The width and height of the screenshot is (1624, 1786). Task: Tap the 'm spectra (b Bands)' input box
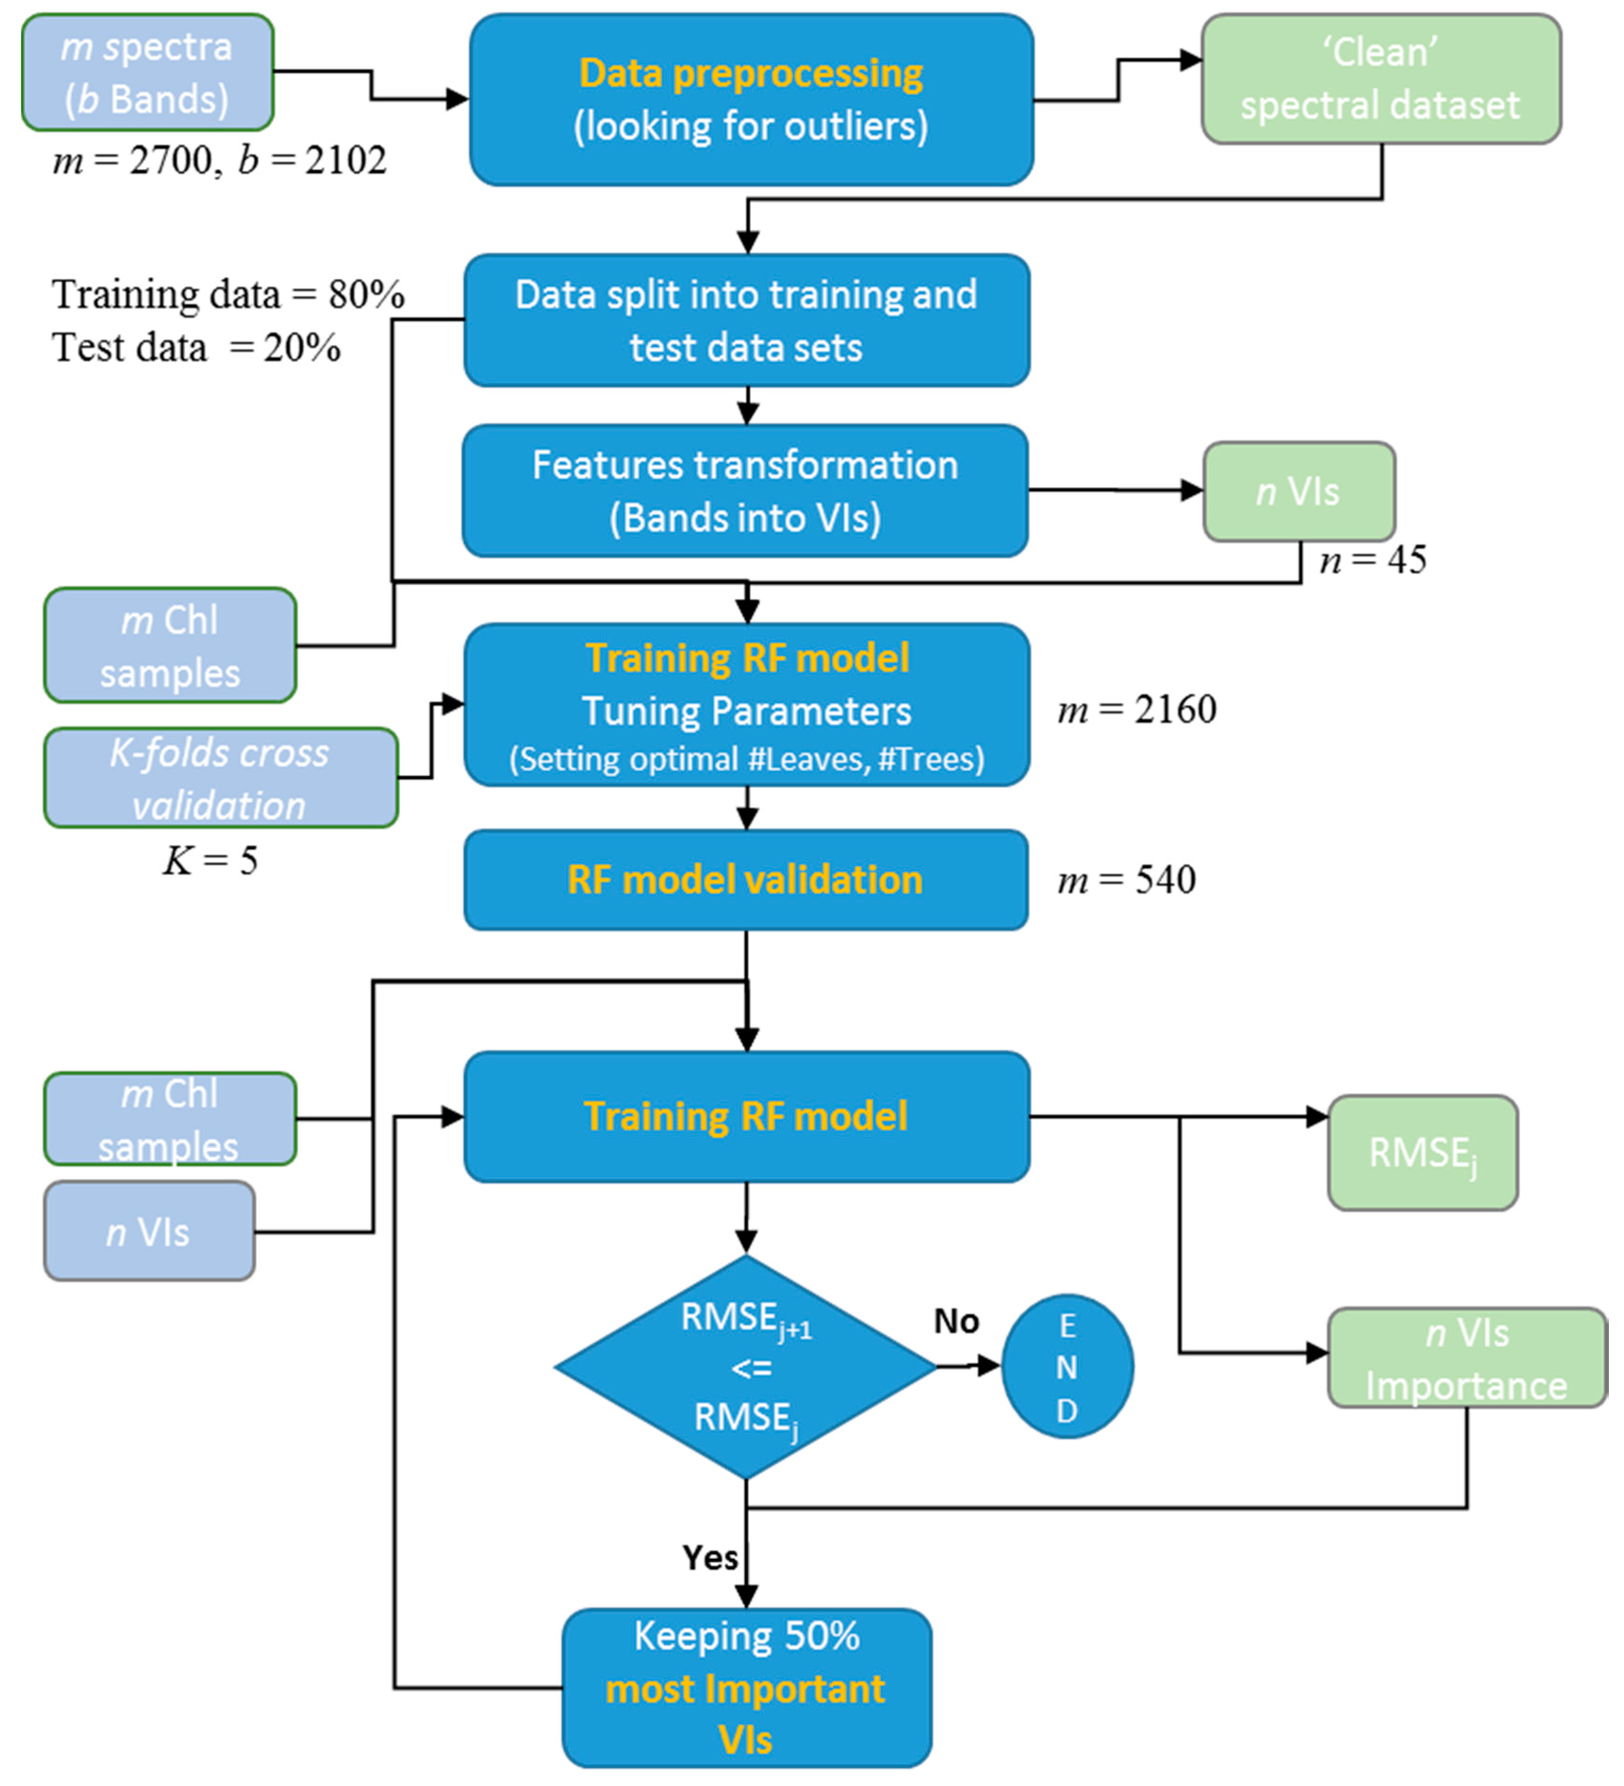(x=147, y=73)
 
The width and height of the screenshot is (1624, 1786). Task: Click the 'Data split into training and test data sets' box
(x=746, y=321)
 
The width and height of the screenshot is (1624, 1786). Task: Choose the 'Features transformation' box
(x=744, y=491)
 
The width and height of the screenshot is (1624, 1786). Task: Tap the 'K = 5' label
(x=210, y=860)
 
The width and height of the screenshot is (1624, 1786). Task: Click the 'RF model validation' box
(x=745, y=880)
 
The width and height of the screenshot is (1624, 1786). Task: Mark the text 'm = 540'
(x=1125, y=880)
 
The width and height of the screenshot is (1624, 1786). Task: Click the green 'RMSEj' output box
(x=1422, y=1153)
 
